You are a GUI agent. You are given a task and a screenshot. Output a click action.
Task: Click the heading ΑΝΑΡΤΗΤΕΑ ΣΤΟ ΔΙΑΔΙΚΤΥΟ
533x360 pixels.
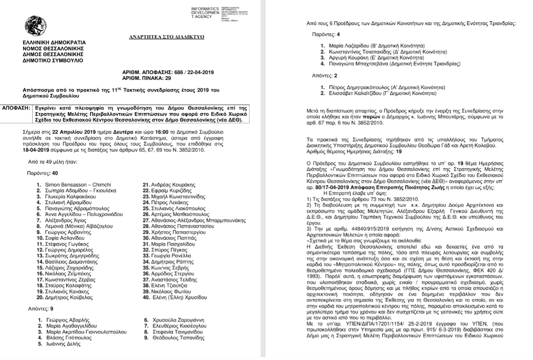pos(167,37)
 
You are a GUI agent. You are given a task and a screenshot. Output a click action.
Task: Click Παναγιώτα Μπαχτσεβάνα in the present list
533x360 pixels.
pos(359,64)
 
